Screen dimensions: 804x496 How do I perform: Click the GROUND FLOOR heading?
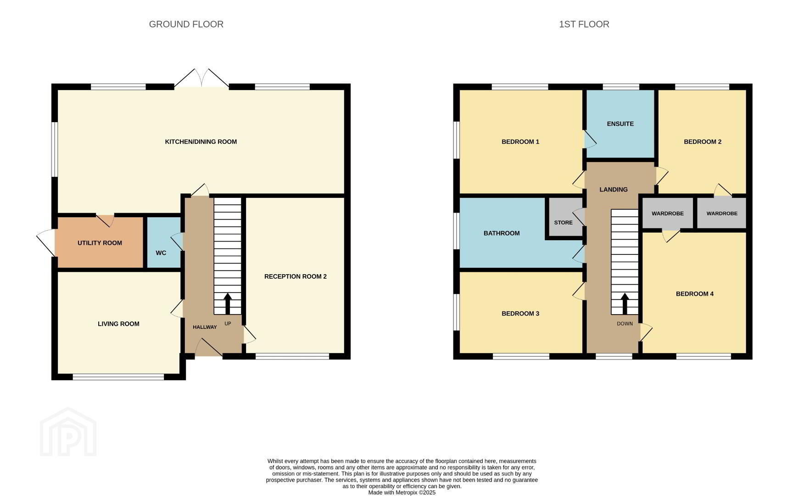click(x=186, y=24)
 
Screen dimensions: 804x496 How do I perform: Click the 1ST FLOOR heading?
click(x=584, y=24)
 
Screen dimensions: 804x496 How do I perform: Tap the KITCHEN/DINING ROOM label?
click(x=201, y=142)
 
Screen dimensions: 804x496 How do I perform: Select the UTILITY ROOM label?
click(x=100, y=243)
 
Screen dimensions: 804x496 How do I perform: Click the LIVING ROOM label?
click(x=118, y=324)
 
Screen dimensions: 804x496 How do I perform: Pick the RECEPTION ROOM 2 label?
click(x=296, y=276)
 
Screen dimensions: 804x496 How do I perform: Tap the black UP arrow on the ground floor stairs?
click(x=228, y=304)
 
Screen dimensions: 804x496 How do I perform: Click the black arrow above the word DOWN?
click(x=625, y=304)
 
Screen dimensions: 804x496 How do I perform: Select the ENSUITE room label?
click(x=620, y=124)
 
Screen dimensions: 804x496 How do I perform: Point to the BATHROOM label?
click(x=502, y=233)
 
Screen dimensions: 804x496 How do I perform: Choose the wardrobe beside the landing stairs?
click(x=667, y=213)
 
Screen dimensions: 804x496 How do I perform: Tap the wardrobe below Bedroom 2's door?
click(x=722, y=213)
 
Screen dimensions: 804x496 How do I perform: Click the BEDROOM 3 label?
click(x=520, y=314)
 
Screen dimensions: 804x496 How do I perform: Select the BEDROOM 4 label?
click(x=695, y=294)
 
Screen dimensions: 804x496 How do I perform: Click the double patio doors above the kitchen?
click(x=201, y=78)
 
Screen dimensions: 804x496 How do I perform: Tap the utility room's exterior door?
click(x=46, y=242)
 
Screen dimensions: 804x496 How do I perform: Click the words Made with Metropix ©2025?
click(x=402, y=493)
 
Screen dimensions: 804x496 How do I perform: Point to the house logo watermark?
click(x=68, y=432)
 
